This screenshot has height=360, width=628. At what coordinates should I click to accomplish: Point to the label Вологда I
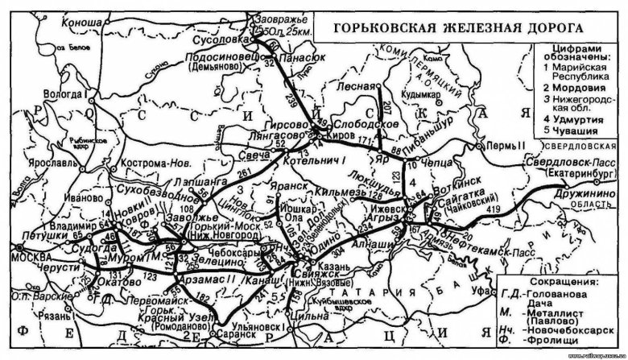pos(68,94)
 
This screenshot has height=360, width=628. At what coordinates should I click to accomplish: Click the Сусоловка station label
pos(222,36)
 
